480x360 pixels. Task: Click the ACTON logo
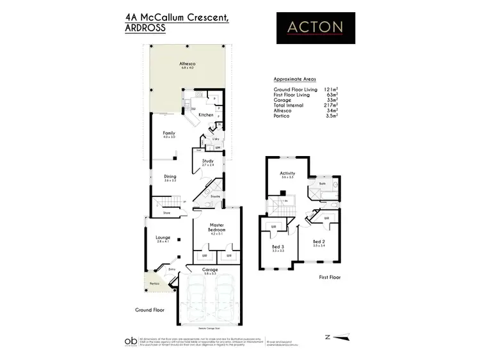tap(315, 27)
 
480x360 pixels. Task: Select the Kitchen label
tap(205, 114)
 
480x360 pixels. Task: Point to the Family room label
tap(169, 133)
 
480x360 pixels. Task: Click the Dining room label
tap(170, 176)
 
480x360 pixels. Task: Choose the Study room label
tap(207, 161)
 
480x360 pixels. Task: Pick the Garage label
tap(211, 270)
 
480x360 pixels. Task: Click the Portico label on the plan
tap(155, 283)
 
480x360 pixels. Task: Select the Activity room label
tap(287, 173)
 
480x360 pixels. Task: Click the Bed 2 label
tap(319, 242)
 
